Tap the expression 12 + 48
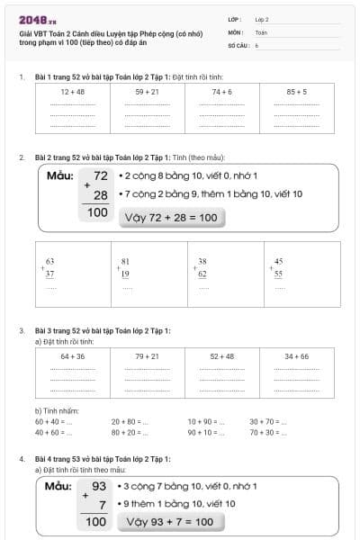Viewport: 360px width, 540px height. [x=72, y=92]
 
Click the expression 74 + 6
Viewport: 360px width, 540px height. [x=221, y=92]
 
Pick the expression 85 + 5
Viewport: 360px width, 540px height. [x=296, y=92]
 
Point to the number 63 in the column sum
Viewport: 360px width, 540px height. [x=50, y=261]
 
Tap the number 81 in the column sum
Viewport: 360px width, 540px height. [x=126, y=261]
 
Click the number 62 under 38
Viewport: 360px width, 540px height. [x=202, y=273]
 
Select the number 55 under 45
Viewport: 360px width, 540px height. [x=279, y=273]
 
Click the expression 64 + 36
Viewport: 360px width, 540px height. [x=72, y=356]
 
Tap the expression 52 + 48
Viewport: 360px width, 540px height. [x=221, y=356]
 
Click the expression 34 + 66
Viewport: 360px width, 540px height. [x=296, y=356]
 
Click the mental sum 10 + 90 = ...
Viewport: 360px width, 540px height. [x=206, y=421]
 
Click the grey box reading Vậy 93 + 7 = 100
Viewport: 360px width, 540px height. [x=169, y=521]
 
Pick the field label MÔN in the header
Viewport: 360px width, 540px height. [x=236, y=31]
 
